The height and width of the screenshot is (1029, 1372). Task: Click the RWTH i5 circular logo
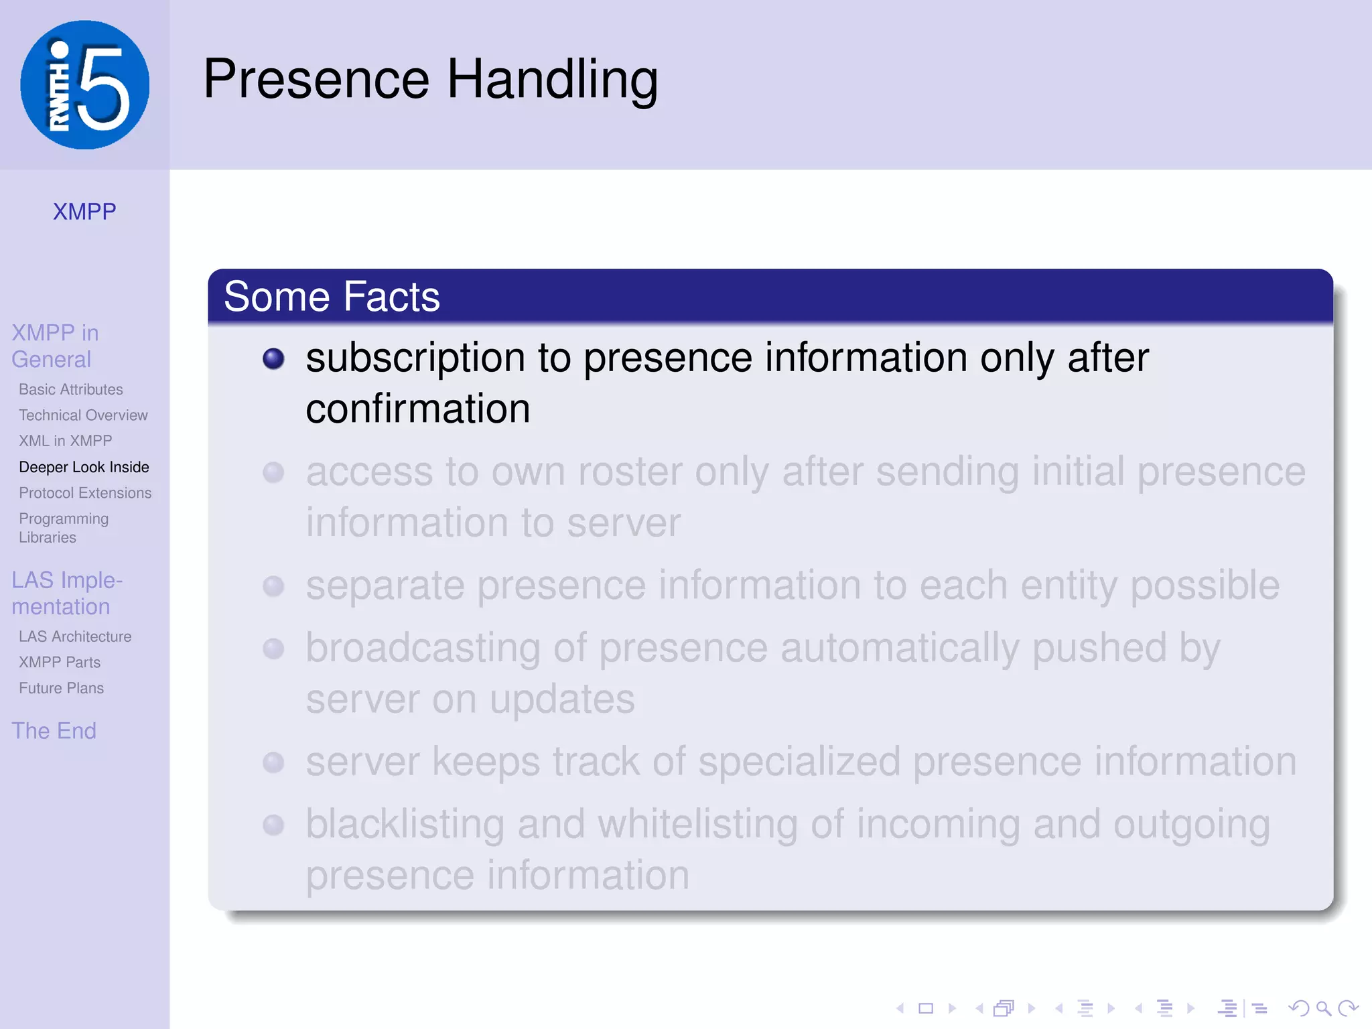(84, 85)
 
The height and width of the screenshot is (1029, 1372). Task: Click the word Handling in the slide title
(552, 80)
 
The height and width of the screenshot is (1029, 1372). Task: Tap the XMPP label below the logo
(84, 212)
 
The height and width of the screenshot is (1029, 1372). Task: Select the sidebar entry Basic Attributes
(71, 389)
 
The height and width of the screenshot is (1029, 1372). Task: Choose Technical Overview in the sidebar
(83, 415)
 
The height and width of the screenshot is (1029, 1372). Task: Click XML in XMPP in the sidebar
(65, 441)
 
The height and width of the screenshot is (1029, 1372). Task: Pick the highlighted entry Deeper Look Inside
(84, 467)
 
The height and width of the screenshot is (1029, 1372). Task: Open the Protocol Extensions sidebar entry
(85, 493)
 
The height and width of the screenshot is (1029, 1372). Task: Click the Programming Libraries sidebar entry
(64, 528)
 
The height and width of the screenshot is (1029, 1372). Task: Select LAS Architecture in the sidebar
(75, 636)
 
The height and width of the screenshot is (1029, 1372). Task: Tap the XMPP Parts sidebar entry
(60, 663)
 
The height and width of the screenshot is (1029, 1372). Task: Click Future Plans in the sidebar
(61, 688)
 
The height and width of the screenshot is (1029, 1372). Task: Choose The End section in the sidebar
(54, 731)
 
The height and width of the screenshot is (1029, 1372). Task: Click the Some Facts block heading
(332, 297)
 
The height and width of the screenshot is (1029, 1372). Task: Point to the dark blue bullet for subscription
(273, 358)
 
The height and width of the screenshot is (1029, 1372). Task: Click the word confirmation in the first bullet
(417, 409)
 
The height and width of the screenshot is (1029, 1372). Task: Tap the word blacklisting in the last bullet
(405, 824)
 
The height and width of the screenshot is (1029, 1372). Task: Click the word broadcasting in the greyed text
(423, 648)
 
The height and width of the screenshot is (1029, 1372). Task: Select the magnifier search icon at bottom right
(1323, 1008)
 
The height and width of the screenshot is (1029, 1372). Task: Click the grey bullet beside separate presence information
(273, 586)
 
